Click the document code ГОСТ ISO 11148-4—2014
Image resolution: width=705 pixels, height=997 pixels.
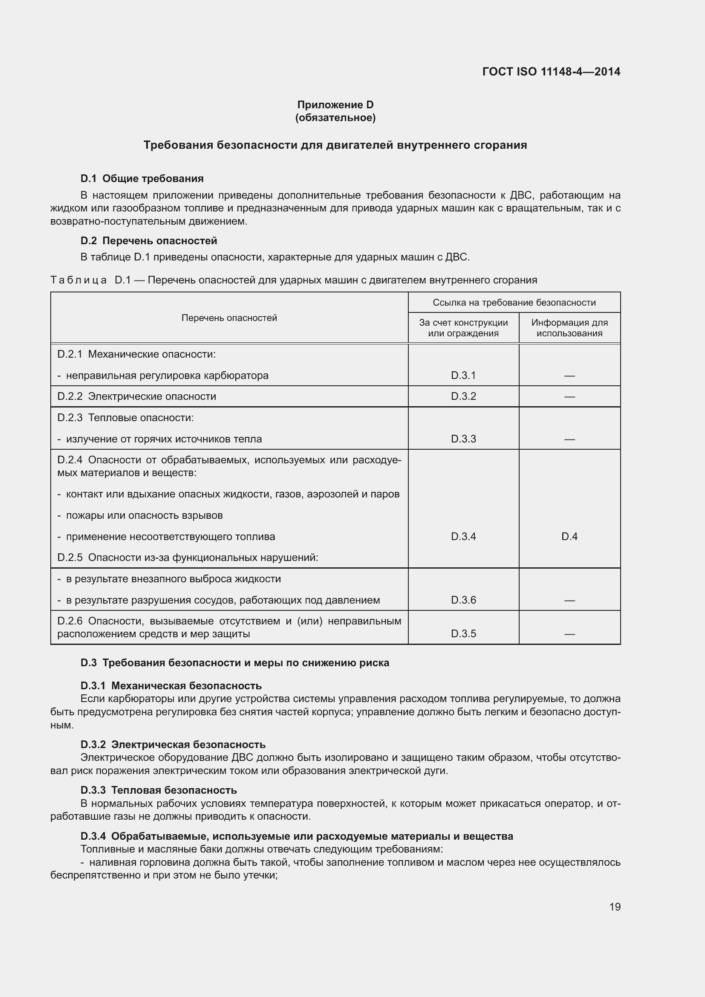tap(551, 72)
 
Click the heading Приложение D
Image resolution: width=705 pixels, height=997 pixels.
tap(335, 105)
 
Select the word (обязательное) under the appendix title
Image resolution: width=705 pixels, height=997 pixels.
tap(335, 118)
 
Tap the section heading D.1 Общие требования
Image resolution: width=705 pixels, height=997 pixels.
tap(142, 179)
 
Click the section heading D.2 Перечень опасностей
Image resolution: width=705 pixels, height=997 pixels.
tap(148, 240)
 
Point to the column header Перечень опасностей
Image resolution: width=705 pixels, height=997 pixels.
tap(229, 318)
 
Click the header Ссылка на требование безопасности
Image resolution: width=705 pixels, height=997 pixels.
tap(514, 303)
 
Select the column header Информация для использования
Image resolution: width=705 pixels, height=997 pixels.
tap(569, 328)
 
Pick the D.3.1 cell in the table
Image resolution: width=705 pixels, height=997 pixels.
tap(463, 375)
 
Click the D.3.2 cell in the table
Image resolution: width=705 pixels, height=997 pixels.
tap(463, 396)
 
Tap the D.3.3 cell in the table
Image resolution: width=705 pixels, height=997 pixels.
tap(463, 439)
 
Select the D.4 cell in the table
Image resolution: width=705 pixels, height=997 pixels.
tap(569, 536)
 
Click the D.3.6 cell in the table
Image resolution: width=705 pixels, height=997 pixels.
tap(463, 600)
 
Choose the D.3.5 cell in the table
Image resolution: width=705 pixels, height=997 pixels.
tap(463, 633)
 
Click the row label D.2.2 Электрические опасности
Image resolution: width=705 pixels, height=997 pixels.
tap(137, 396)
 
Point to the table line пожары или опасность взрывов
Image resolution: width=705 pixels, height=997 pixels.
tap(144, 515)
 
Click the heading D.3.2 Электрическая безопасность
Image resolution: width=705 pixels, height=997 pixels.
tap(173, 744)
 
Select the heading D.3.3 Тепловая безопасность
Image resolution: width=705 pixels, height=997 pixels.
tap(159, 790)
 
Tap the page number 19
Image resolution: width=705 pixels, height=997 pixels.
tap(615, 907)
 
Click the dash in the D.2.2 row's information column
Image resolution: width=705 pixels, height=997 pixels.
tap(569, 396)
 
